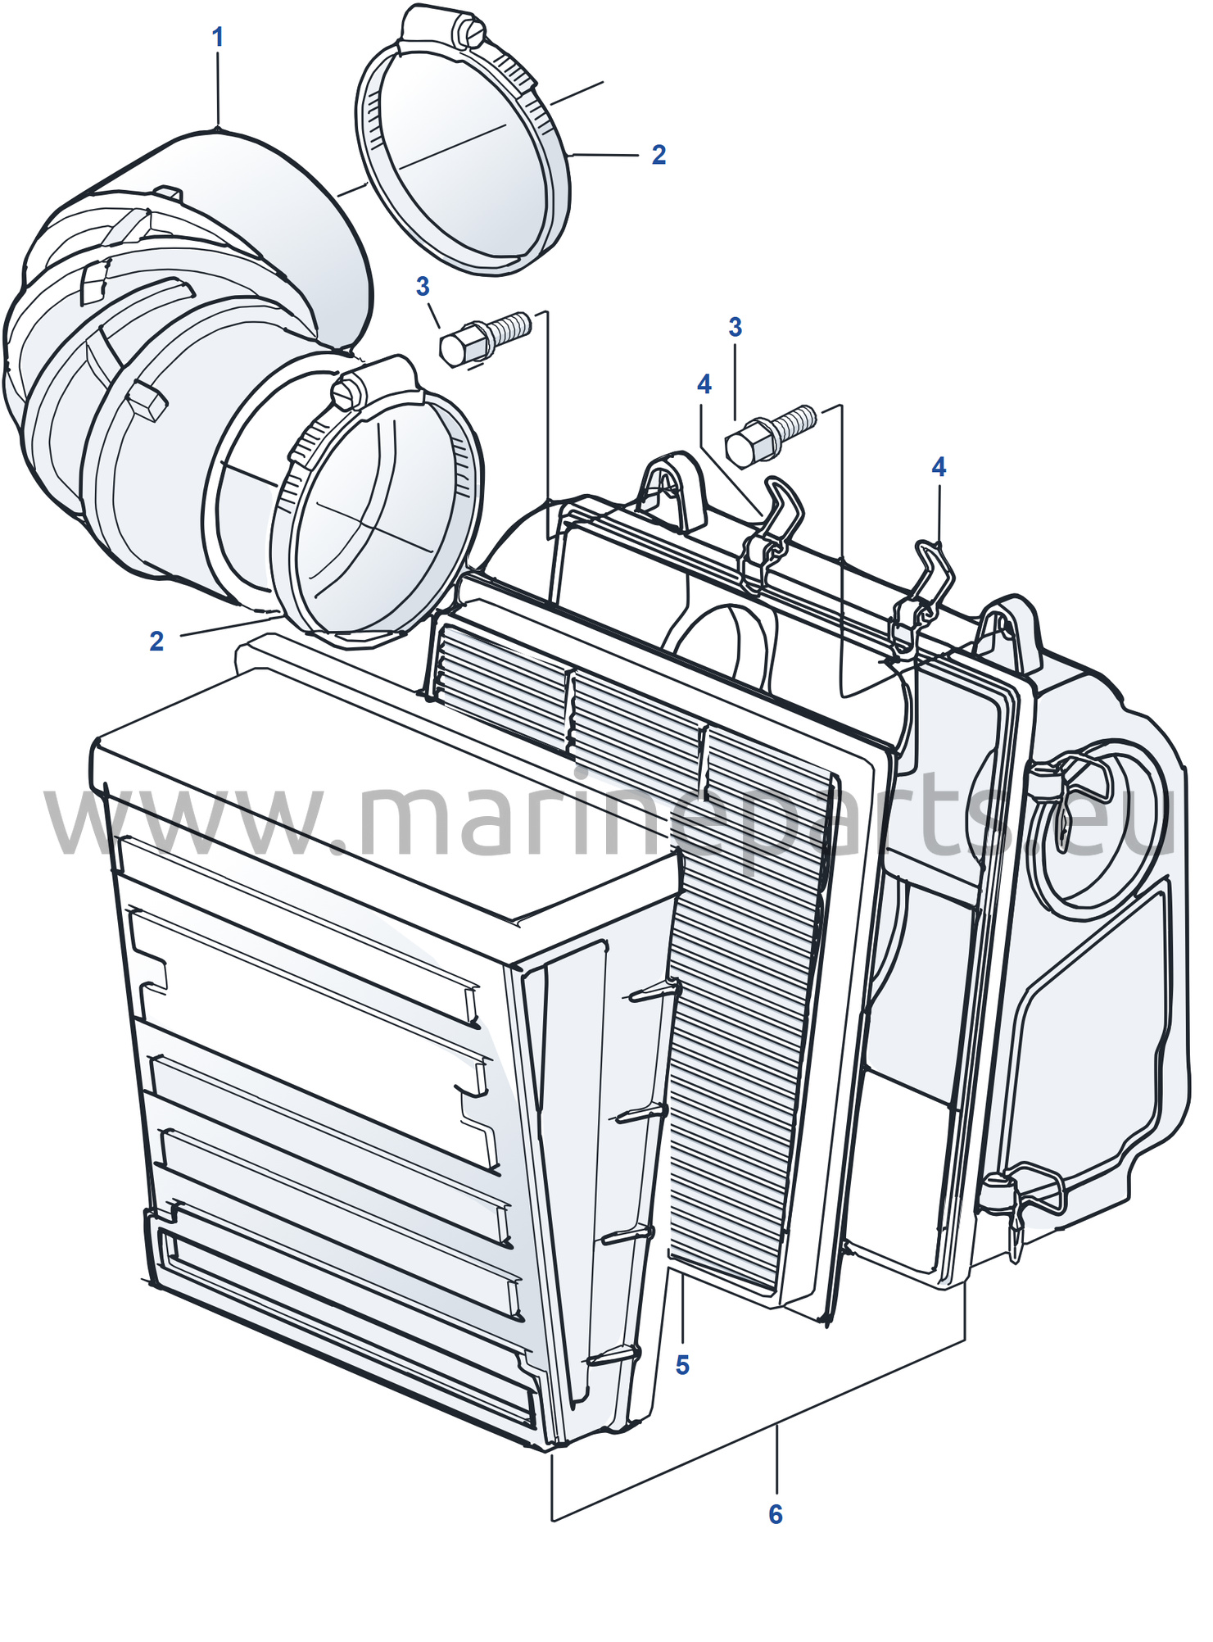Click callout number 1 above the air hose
[218, 38]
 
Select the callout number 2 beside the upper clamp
[659, 155]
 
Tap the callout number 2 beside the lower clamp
[156, 641]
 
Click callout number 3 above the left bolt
[423, 287]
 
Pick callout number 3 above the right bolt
[735, 328]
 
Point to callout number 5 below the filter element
[682, 1365]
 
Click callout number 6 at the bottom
[776, 1514]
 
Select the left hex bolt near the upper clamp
[486, 338]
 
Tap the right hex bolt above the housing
[771, 436]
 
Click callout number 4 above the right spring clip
[939, 467]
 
